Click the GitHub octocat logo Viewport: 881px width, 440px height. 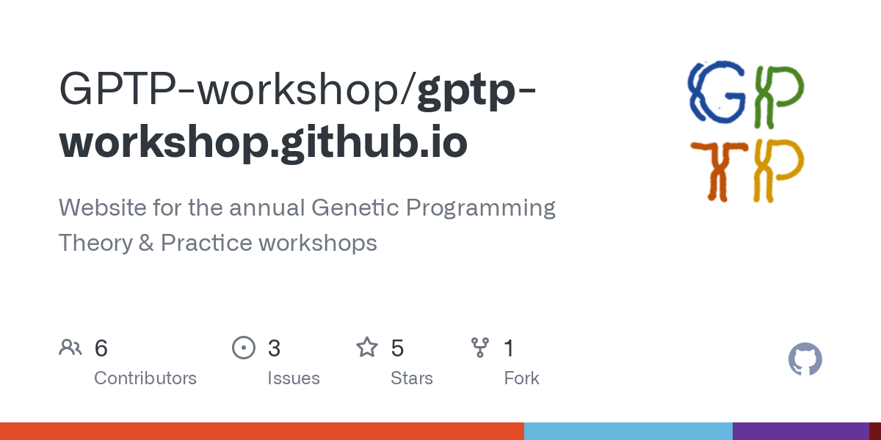point(805,360)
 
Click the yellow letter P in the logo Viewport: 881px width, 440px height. point(777,170)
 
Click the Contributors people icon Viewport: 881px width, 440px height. point(70,348)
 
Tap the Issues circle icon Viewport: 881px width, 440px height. point(244,348)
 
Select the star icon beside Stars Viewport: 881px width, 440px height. point(367,348)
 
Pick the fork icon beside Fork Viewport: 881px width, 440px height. point(480,348)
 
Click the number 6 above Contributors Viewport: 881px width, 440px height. point(101,348)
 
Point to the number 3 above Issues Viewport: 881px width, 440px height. point(274,348)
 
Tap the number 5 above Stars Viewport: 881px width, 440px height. point(397,348)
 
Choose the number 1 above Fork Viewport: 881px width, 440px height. point(509,348)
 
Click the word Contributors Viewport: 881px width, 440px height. point(145,378)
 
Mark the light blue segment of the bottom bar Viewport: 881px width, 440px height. point(628,431)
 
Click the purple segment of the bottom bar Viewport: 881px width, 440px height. point(800,431)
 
